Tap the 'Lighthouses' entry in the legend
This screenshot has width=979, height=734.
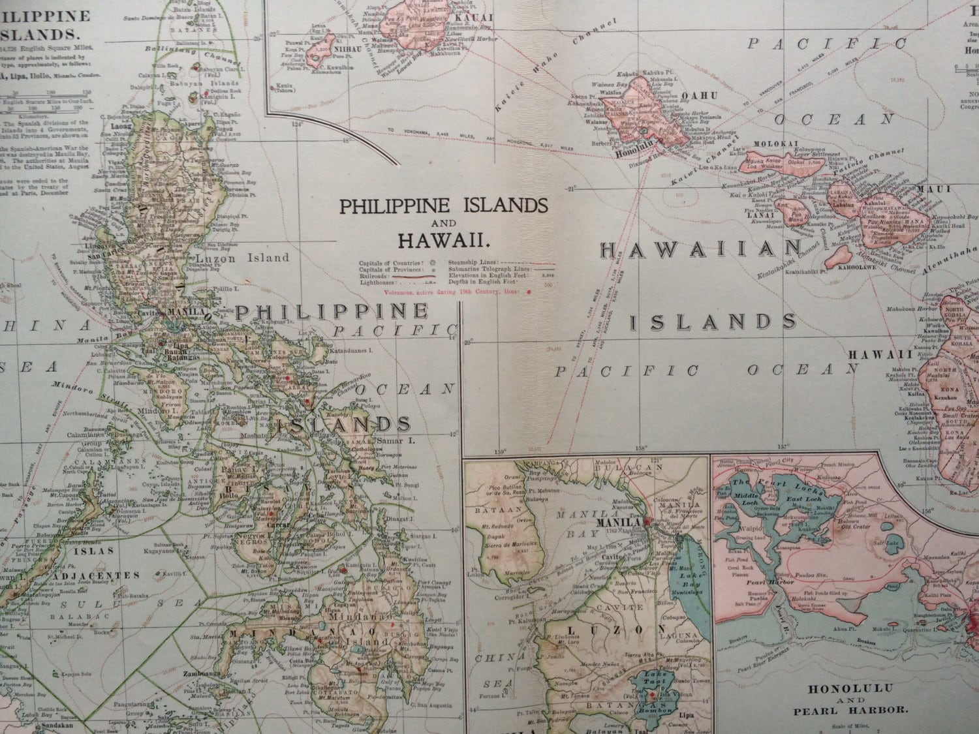[377, 284]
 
